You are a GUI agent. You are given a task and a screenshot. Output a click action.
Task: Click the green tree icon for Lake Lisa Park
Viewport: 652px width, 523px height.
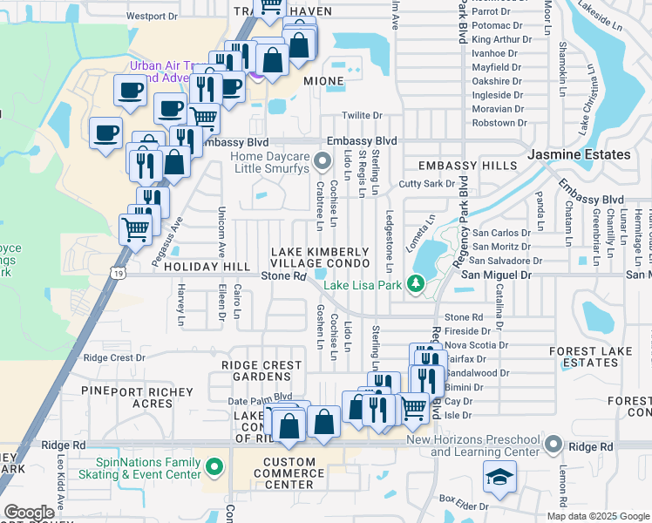[417, 284]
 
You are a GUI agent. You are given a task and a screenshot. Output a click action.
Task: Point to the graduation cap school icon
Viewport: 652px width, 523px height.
[500, 476]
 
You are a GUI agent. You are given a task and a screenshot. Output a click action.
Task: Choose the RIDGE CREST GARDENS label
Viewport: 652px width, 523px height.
[255, 370]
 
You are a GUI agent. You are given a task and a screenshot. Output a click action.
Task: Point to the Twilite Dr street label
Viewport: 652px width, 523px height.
[363, 115]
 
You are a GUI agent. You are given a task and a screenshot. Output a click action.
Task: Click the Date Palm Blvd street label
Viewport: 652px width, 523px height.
[259, 400]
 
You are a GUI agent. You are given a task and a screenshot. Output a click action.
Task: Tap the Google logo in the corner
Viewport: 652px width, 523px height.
[30, 513]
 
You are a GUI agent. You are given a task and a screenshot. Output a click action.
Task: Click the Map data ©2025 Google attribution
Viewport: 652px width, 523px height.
[597, 516]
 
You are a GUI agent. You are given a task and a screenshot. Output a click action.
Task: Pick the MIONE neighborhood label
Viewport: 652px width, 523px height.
[323, 80]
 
